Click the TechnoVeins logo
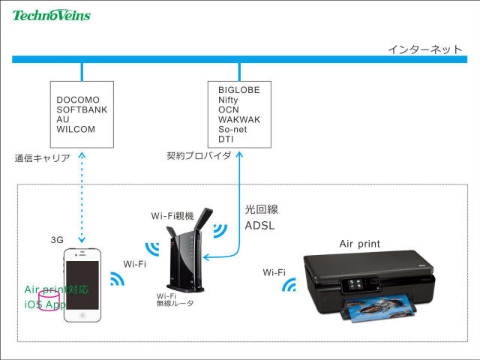tap(51, 13)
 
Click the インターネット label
tap(424, 49)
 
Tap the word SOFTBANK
tap(82, 109)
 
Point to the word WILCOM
tap(76, 129)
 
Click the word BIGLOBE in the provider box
tap(239, 90)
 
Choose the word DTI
tap(226, 139)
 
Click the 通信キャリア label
tap(42, 159)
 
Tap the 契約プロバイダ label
tap(199, 156)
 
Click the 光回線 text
tap(262, 209)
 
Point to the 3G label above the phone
tap(57, 240)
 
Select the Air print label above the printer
tap(360, 244)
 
